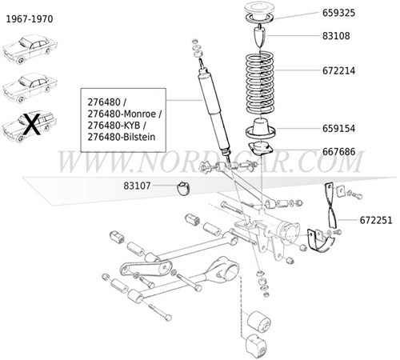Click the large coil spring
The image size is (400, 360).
point(265,80)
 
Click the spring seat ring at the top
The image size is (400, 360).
point(265,14)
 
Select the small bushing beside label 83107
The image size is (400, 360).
point(183,188)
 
